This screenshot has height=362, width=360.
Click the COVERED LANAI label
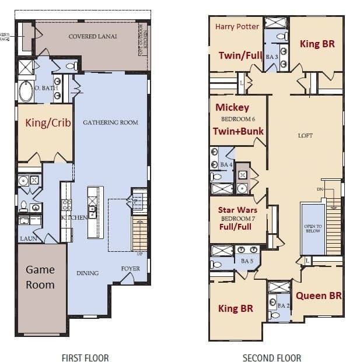(x=92, y=36)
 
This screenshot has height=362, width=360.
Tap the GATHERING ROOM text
(x=110, y=122)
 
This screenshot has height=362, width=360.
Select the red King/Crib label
(x=44, y=122)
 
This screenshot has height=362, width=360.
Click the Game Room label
(x=40, y=277)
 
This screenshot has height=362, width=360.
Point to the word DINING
(x=88, y=273)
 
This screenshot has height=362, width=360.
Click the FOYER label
(x=130, y=269)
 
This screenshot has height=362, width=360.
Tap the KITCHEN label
(x=74, y=217)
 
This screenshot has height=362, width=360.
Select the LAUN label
(x=29, y=238)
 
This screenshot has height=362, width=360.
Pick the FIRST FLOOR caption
(x=85, y=357)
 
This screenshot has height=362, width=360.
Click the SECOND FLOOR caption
(x=272, y=357)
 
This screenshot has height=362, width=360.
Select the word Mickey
(x=232, y=107)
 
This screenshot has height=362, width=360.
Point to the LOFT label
(x=305, y=135)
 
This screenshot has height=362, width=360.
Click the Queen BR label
(x=319, y=296)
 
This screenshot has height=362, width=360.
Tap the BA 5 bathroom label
(x=246, y=261)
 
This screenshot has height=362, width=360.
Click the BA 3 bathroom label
(x=271, y=57)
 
